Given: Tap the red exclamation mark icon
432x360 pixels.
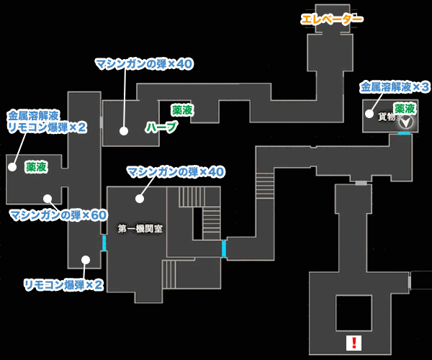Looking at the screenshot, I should click(353, 343).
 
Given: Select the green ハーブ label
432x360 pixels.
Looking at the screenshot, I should click(161, 127).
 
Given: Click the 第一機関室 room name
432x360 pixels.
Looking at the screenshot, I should click(140, 229).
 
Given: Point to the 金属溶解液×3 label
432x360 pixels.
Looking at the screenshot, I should click(395, 87).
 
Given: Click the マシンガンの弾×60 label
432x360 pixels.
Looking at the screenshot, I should click(58, 215).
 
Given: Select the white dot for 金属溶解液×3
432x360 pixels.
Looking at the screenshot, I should click(369, 114).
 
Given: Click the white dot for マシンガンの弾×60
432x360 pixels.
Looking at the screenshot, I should click(48, 198).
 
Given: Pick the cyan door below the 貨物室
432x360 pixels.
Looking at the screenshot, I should click(405, 133).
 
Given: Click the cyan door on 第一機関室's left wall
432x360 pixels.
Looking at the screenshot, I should click(104, 243).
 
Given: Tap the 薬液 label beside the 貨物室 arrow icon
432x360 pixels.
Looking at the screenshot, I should click(405, 108).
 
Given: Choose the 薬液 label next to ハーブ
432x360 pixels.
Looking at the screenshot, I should click(182, 110).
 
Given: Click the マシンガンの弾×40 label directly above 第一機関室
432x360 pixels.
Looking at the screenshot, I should click(176, 172).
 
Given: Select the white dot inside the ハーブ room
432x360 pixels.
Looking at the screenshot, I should click(124, 131).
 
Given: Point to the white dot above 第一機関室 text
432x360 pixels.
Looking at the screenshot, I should click(139, 198).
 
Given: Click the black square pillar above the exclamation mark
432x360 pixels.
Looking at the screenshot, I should click(354, 312).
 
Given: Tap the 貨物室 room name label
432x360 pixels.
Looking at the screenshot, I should click(387, 117).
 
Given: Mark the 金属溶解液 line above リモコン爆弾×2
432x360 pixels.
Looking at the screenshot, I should click(33, 114).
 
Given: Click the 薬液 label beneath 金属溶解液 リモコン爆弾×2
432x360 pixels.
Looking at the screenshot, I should click(36, 166).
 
